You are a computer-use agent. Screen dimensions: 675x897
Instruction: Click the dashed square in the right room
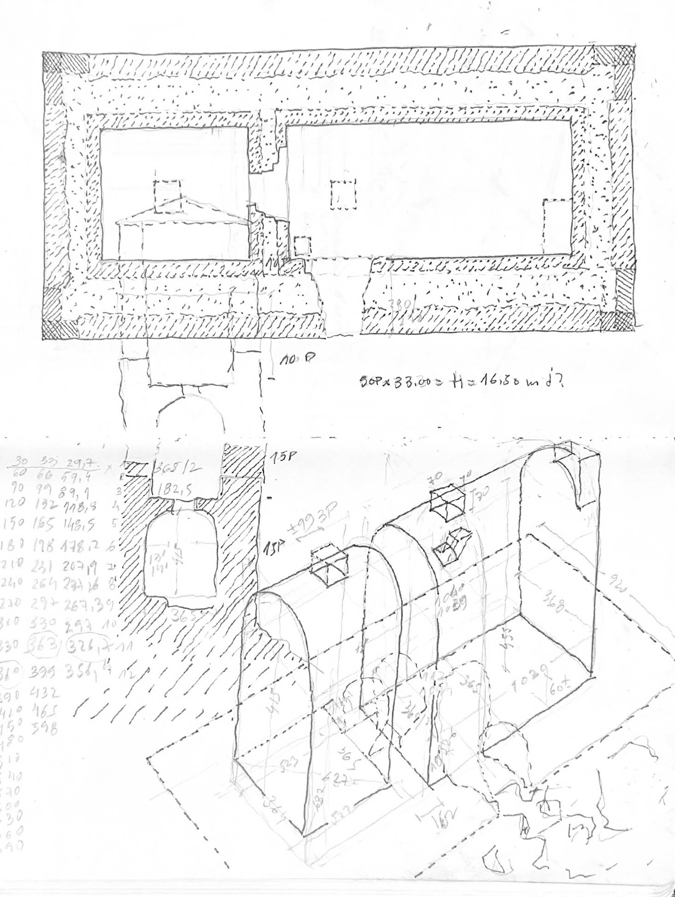[x=344, y=195]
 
